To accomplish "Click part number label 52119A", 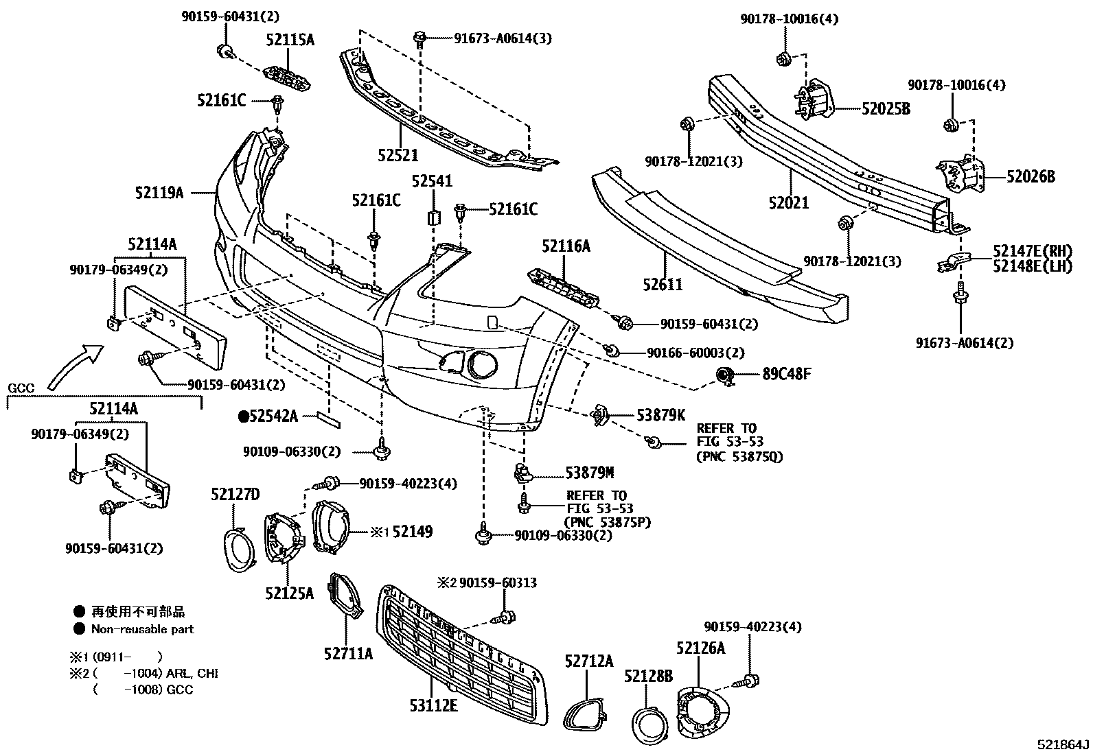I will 159,193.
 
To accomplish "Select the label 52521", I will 398,156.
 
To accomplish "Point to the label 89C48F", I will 787,374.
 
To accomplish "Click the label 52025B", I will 886,108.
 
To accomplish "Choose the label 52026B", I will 1031,177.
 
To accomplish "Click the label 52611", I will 663,284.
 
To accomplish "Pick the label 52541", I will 432,181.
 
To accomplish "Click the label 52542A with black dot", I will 268,415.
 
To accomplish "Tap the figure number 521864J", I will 1063,744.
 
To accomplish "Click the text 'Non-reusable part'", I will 143,629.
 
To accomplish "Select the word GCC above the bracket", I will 21,388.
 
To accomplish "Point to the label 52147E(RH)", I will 1032,252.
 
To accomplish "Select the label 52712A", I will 588,661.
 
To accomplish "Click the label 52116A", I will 566,245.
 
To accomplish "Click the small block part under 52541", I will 434,217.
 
